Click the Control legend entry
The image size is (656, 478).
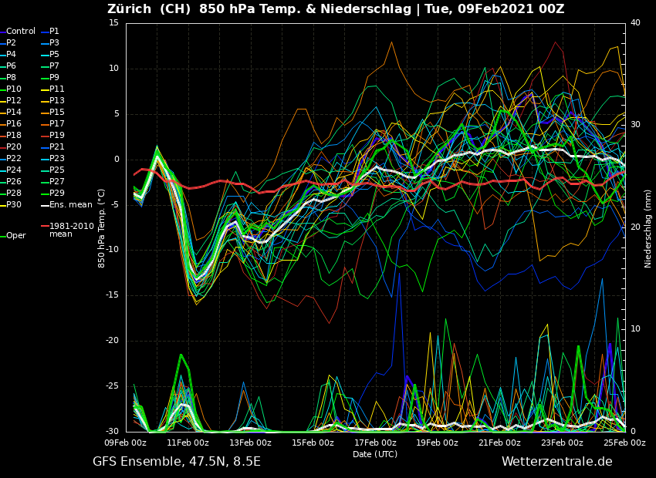(x=21, y=32)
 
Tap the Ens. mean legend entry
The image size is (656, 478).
(x=70, y=205)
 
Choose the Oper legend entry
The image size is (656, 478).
(x=16, y=236)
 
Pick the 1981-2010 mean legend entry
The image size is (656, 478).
(x=71, y=230)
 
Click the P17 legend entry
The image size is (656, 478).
(x=57, y=124)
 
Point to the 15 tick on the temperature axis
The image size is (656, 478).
(x=113, y=23)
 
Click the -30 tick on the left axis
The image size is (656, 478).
(x=111, y=432)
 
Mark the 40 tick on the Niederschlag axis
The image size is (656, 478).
(x=635, y=23)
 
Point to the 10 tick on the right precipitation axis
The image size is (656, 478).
(x=635, y=329)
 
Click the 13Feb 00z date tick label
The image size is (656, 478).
(x=250, y=443)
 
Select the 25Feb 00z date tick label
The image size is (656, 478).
(x=624, y=443)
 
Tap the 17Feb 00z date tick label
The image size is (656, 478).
(x=375, y=443)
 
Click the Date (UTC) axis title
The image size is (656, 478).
(x=375, y=454)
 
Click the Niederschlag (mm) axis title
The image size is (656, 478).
(x=648, y=228)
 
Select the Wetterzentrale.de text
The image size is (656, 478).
(x=556, y=462)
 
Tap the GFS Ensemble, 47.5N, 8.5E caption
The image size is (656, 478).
(x=177, y=462)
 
